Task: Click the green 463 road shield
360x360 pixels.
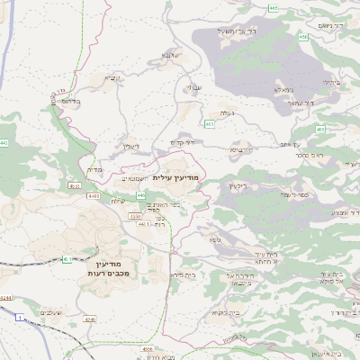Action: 210,123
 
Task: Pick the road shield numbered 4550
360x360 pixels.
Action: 136,216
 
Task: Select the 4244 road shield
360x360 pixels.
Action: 5,297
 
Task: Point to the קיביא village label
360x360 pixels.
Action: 111,77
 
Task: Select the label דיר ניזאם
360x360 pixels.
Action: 340,26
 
